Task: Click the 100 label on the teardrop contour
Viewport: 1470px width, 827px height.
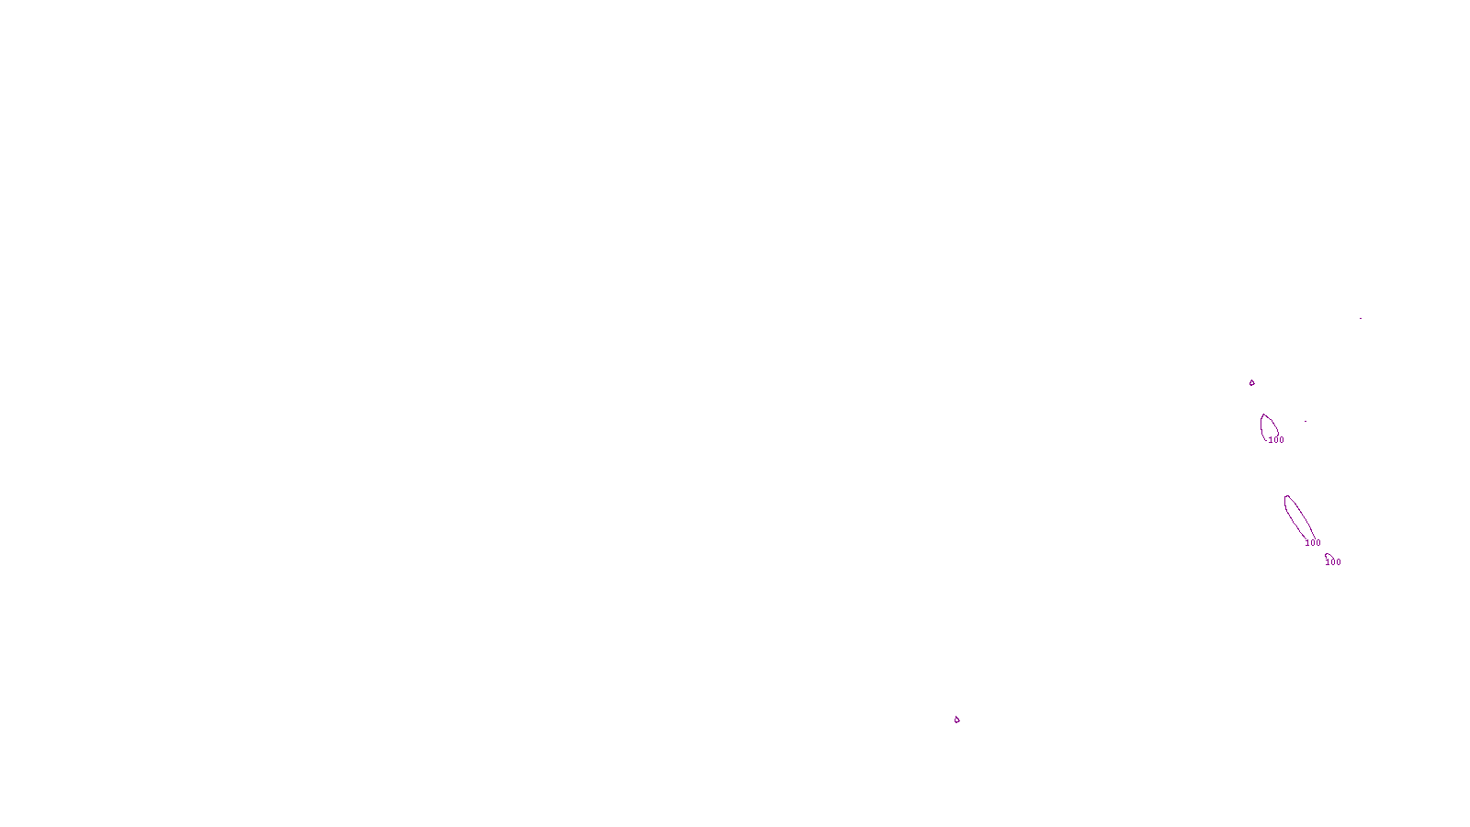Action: (x=1276, y=440)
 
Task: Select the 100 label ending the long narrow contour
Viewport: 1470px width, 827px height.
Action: (x=1313, y=543)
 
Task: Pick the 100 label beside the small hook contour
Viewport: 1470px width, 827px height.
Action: (x=1333, y=562)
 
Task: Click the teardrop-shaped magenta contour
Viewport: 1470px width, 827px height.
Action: (x=1269, y=425)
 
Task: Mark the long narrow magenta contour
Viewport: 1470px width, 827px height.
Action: (x=1298, y=517)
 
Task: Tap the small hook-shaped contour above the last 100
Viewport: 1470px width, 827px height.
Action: (x=1328, y=555)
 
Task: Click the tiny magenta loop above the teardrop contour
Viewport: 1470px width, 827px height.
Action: (x=1251, y=382)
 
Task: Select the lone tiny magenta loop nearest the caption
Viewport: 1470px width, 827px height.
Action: (x=956, y=719)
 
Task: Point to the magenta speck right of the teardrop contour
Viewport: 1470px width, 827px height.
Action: (x=1305, y=422)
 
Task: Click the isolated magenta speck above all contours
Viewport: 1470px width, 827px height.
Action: (x=1360, y=319)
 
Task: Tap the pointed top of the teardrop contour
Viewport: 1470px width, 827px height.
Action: (x=1264, y=414)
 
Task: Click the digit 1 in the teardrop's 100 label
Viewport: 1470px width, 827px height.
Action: (x=1271, y=440)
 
